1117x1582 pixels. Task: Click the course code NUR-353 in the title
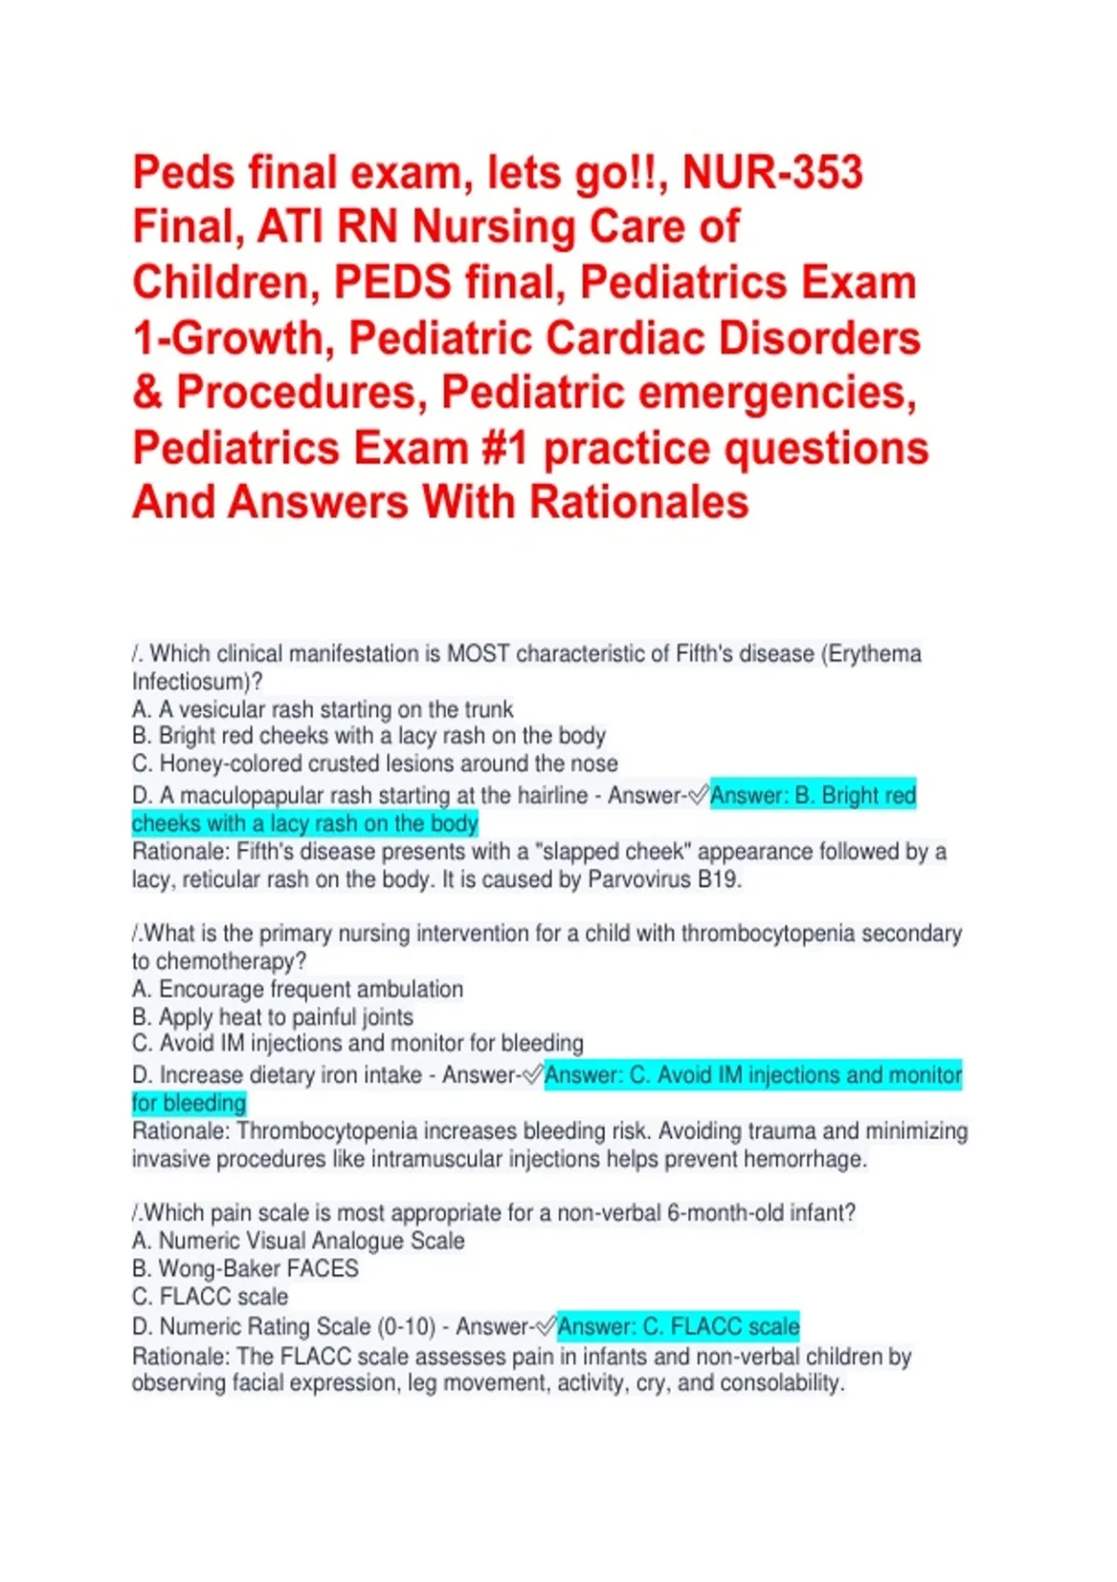point(773,173)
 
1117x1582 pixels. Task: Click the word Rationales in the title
point(639,503)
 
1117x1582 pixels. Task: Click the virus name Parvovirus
point(639,880)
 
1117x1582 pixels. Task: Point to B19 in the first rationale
point(720,880)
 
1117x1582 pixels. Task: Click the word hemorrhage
point(808,1160)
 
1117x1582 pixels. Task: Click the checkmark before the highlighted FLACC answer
point(546,1327)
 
